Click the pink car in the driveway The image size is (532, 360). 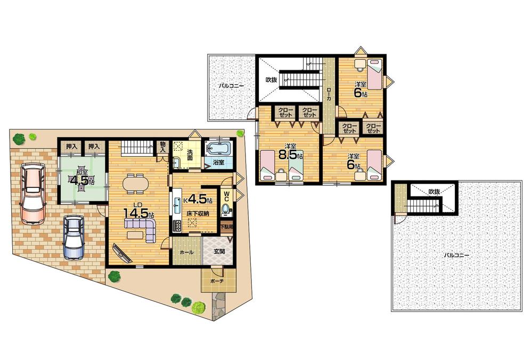click(32, 193)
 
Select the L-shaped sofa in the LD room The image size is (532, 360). click(141, 230)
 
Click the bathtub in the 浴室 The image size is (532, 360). click(217, 148)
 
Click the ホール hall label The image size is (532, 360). click(186, 252)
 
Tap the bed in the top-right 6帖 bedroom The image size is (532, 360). click(375, 74)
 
